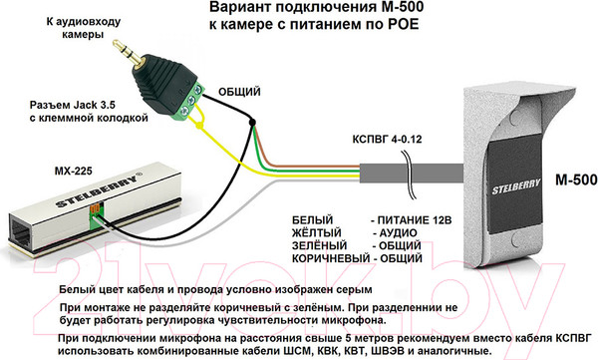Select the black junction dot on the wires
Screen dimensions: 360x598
coord(253,124)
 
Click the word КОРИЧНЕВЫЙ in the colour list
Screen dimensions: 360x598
coord(330,257)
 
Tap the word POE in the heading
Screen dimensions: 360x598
coord(393,28)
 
